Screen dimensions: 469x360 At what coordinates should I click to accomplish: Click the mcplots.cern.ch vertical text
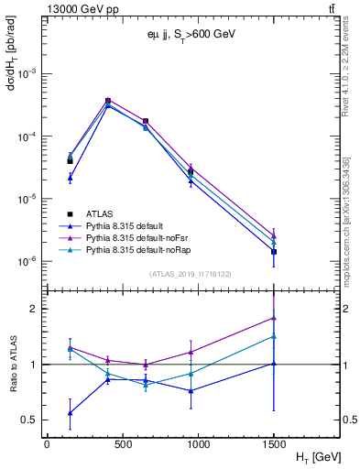coord(345,211)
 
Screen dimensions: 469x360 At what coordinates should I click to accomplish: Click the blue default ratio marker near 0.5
coord(71,412)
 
